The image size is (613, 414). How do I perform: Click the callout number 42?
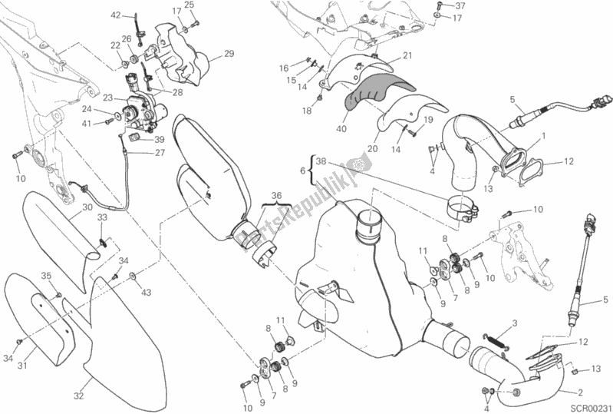pos(116,15)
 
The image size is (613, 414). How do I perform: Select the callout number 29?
pos(228,53)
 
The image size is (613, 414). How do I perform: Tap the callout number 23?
pos(107,98)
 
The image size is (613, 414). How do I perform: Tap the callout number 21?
pos(407,55)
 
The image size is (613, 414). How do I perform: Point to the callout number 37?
pos(450,5)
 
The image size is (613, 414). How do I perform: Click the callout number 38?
pos(321,162)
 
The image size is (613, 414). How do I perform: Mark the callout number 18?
pos(306,111)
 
